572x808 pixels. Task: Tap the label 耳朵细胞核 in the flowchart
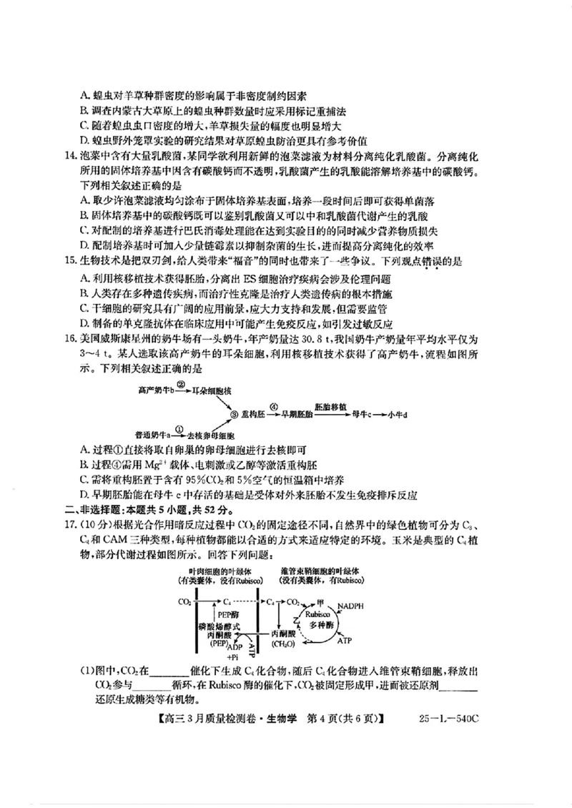click(x=214, y=390)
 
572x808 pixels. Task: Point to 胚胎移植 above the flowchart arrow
click(x=369, y=405)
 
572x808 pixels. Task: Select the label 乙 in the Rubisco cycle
click(x=295, y=615)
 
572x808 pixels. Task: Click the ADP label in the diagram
click(x=234, y=646)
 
